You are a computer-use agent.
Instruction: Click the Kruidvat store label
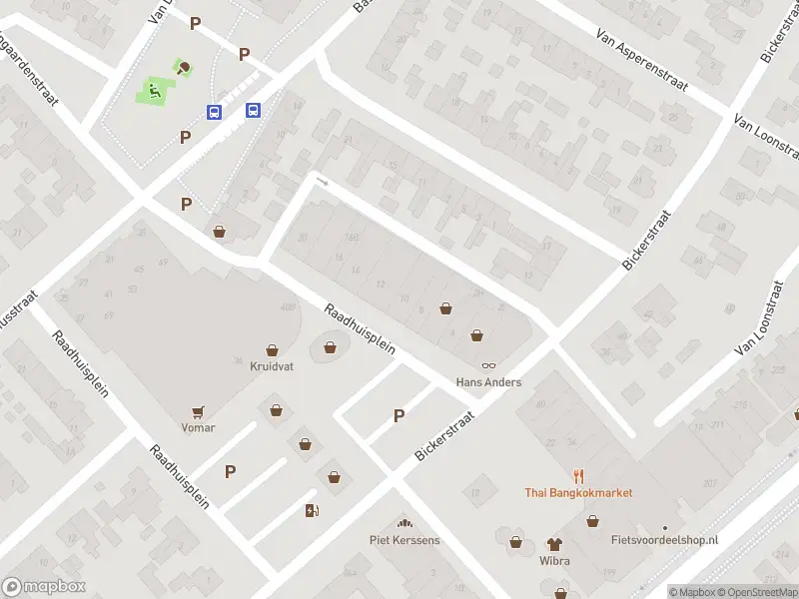pos(273,366)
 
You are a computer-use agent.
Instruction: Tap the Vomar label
pos(198,427)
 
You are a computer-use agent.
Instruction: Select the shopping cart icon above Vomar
pos(198,411)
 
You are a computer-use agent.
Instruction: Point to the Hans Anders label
pos(488,382)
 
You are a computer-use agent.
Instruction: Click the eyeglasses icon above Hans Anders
pos(488,366)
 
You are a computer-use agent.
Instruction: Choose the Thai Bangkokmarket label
pos(578,492)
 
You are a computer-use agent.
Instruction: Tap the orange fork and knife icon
pos(578,475)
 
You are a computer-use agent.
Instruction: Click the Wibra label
pos(554,561)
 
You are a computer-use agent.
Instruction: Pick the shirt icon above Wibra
pos(554,544)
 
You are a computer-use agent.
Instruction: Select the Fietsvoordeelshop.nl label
pos(664,540)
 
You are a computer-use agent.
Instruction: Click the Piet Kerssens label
pos(404,541)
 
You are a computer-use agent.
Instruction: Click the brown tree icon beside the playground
pos(185,68)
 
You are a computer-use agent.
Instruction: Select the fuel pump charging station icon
pos(312,511)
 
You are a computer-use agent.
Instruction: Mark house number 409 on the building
pos(290,306)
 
